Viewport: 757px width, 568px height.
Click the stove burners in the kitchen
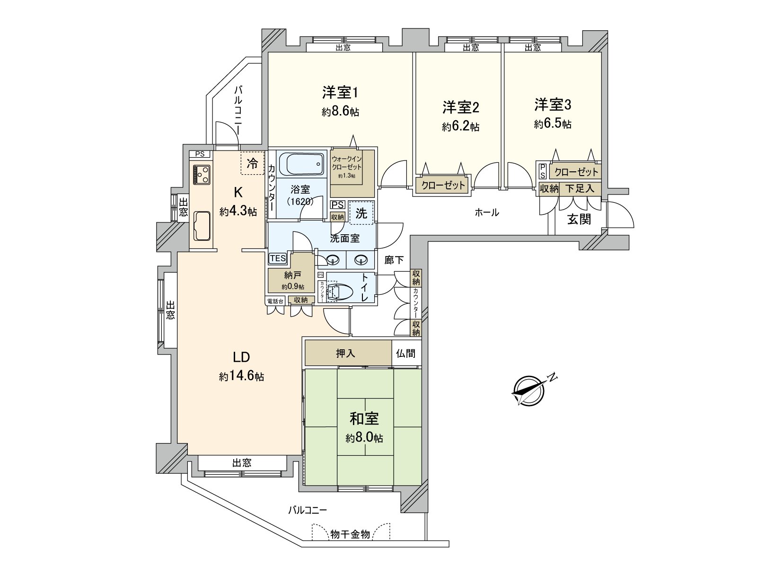202,174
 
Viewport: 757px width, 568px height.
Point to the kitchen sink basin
202,225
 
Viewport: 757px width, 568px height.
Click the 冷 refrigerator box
252,163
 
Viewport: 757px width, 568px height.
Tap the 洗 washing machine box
361,213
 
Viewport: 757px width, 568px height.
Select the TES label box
278,258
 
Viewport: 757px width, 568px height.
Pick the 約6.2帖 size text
460,127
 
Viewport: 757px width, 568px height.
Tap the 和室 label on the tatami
364,418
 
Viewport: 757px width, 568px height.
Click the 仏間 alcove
406,353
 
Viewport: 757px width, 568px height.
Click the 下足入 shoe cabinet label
580,188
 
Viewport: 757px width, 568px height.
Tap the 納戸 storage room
290,279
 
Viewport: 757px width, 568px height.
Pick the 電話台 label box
275,300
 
